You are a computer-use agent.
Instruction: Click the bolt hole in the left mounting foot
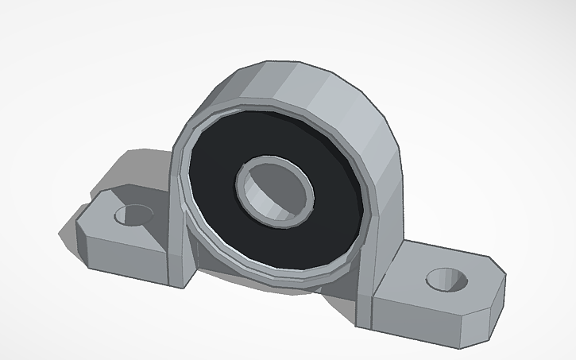tap(134, 214)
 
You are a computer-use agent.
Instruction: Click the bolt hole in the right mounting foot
tap(446, 279)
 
